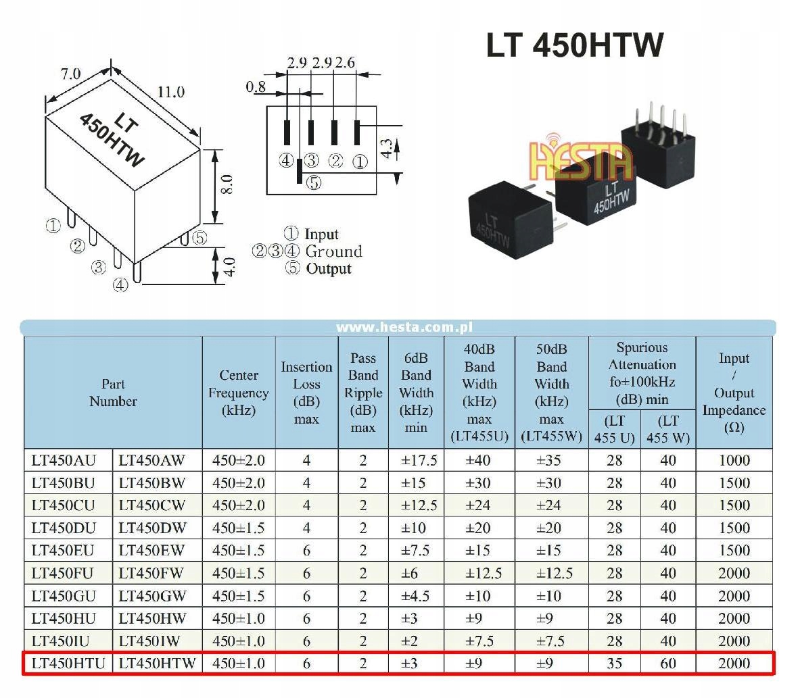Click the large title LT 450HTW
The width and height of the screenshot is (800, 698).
click(575, 45)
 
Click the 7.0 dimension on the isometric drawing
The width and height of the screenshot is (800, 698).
click(70, 74)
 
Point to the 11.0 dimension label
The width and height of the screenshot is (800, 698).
click(171, 93)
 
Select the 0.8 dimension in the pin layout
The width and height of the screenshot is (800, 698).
click(256, 86)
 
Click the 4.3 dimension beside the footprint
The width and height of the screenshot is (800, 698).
click(387, 149)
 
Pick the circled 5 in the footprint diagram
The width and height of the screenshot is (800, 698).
click(314, 182)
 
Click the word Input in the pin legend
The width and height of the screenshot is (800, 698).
click(321, 234)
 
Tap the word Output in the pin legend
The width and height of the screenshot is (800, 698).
click(329, 269)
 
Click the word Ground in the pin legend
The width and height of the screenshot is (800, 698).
click(333, 251)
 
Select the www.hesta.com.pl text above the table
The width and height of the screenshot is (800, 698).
click(404, 327)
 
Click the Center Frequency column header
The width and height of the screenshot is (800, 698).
click(238, 393)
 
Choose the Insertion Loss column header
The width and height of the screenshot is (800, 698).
click(306, 393)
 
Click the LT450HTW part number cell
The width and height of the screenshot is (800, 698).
click(157, 664)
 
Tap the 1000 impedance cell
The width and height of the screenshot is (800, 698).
click(734, 460)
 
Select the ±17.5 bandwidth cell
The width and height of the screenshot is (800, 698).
click(419, 460)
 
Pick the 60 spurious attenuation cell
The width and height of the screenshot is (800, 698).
click(668, 664)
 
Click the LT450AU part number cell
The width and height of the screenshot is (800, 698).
click(64, 460)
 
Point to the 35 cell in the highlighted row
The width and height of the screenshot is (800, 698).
click(614, 664)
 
